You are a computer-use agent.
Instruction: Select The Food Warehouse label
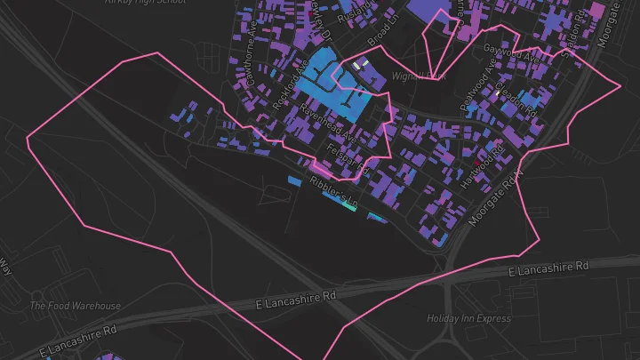76,306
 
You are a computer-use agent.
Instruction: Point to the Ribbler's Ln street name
332,195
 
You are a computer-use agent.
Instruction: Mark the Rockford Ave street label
291,85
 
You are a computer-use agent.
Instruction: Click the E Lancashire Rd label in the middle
296,299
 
